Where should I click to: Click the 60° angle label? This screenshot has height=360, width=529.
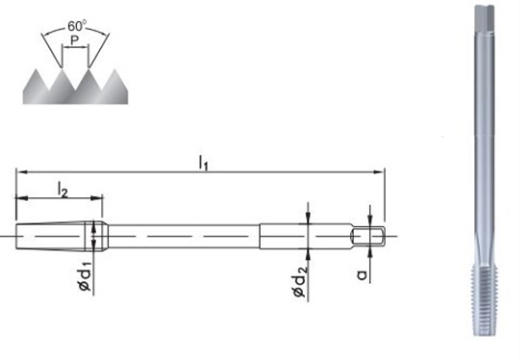[77, 26]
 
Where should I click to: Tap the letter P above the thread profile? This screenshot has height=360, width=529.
[75, 40]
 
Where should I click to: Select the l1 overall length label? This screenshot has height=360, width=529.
[203, 162]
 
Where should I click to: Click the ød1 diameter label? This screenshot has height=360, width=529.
[85, 275]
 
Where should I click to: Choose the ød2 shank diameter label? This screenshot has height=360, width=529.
[299, 282]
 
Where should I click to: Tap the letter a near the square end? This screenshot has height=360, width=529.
[362, 274]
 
